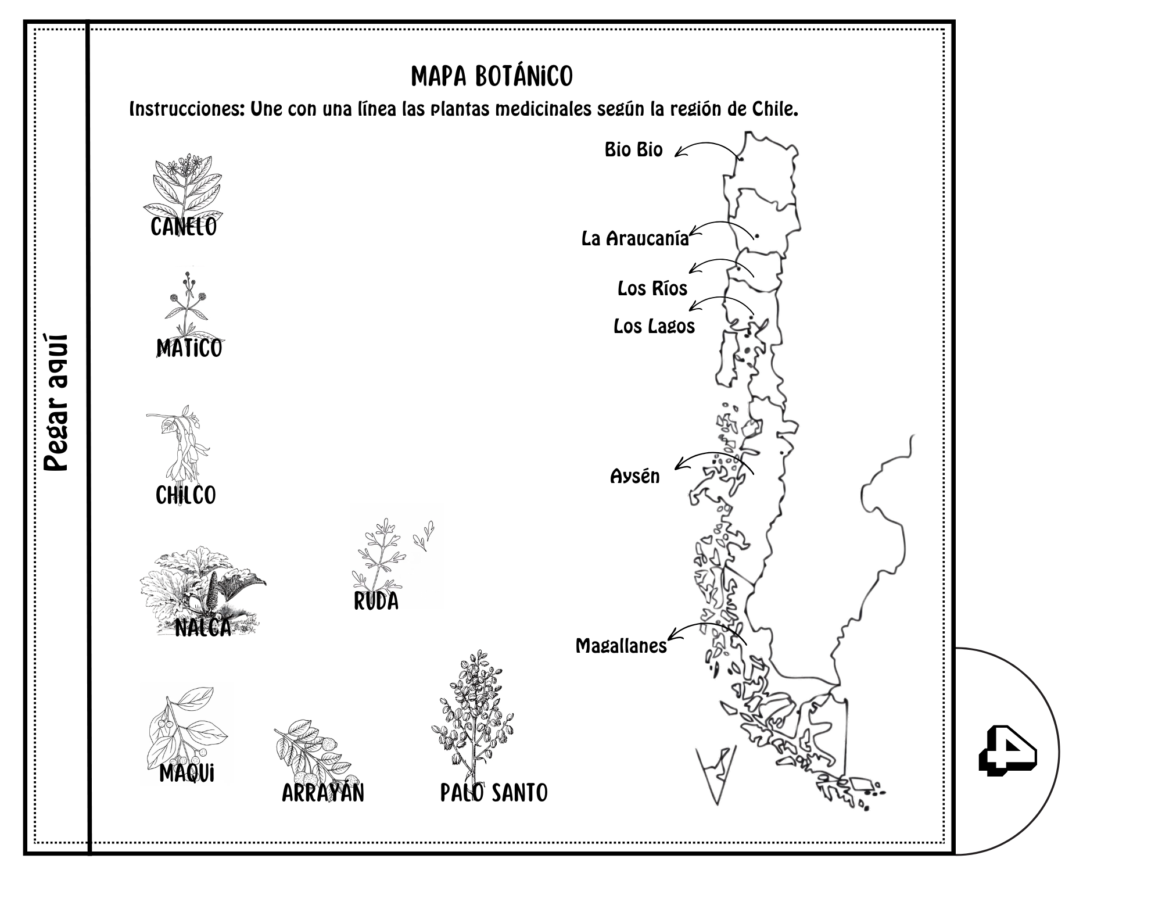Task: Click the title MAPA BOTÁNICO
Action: coord(492,76)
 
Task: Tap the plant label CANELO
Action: coord(184,227)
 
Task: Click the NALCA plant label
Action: coord(203,628)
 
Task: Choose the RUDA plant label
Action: coord(376,601)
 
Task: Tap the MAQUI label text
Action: coord(187,774)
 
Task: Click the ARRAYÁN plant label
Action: coord(323,793)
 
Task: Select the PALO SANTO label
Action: coord(494,793)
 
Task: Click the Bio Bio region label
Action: coord(633,149)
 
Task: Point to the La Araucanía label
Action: coord(635,238)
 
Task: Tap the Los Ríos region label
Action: coord(652,288)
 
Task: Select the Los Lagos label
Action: coord(654,326)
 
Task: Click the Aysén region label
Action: coord(635,476)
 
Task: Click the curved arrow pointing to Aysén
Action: coord(712,454)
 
